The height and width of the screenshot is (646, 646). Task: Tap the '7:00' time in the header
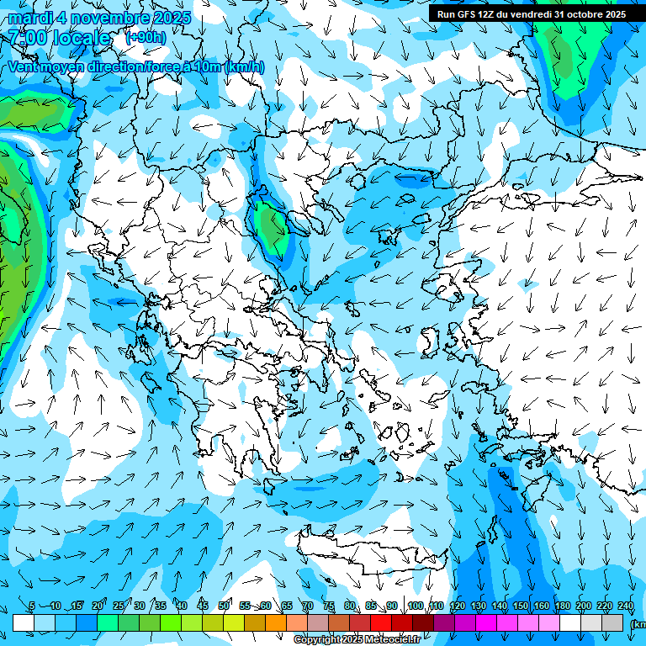point(29,37)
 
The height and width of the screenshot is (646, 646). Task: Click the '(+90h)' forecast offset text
point(146,37)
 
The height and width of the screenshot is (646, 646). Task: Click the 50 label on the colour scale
point(224,606)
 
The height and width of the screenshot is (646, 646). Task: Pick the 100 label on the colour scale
point(415,606)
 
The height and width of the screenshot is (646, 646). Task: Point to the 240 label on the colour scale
point(626,606)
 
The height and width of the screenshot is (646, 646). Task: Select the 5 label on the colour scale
point(32,606)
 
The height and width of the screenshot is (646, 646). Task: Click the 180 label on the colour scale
point(562,606)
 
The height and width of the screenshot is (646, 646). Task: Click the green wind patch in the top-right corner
point(572,59)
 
